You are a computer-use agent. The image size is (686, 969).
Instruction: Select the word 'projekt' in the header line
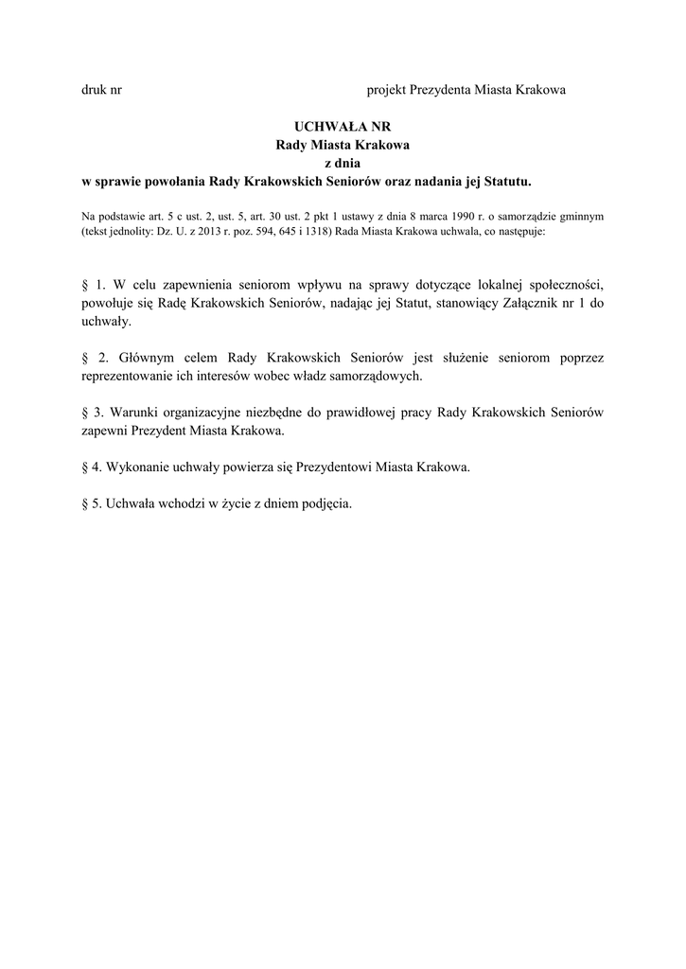386,91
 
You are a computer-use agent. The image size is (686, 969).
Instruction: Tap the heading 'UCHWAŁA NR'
343,127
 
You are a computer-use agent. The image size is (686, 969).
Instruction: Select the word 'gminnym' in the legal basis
582,216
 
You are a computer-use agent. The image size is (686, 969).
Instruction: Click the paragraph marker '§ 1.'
92,283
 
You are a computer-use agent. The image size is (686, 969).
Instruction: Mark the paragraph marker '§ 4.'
91,467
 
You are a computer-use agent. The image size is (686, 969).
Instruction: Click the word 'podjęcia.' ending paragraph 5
325,503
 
